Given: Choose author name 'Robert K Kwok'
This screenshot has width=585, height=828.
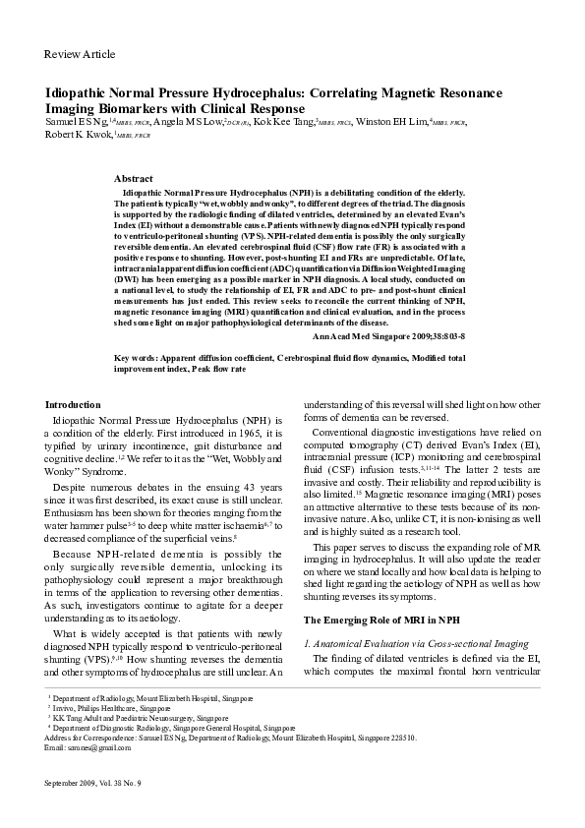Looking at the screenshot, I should pyautogui.click(x=79, y=135).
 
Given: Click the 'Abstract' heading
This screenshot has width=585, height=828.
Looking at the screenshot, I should pyautogui.click(x=134, y=179).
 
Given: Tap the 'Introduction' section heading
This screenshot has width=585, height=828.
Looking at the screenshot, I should pyautogui.click(x=74, y=404).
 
